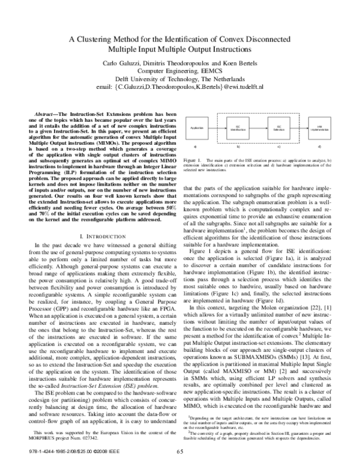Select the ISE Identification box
pyautogui.click(x=238, y=129)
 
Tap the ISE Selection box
pyautogui.click(x=278, y=129)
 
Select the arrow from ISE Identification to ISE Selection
pyautogui.click(x=259, y=129)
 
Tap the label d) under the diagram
pyautogui.click(x=319, y=147)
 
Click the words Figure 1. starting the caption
pyautogui.click(x=192, y=162)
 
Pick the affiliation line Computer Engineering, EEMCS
pyautogui.click(x=179, y=71)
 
